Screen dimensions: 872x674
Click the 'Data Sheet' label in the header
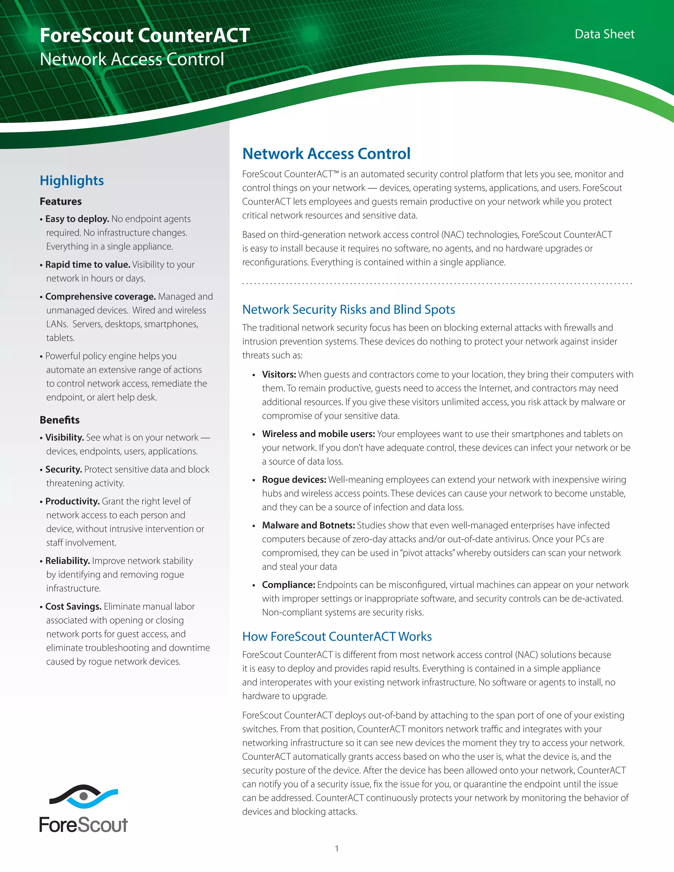click(604, 34)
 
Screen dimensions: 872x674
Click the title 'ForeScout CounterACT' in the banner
click(144, 36)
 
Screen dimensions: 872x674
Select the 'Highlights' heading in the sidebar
click(72, 180)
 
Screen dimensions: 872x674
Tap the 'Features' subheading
click(61, 202)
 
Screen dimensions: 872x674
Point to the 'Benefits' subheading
click(60, 420)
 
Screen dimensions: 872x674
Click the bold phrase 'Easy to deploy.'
click(77, 219)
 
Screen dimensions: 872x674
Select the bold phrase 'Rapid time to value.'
click(88, 265)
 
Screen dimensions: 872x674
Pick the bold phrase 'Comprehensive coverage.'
click(100, 297)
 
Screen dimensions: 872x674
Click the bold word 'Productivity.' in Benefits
click(72, 501)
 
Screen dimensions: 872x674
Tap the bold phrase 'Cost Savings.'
click(73, 606)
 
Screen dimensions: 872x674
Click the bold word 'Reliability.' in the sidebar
click(67, 561)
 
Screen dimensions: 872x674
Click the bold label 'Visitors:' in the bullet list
click(279, 374)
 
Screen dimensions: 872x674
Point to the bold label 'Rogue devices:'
click(294, 479)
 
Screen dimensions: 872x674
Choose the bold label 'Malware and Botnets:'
click(308, 526)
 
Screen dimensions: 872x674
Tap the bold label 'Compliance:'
click(288, 585)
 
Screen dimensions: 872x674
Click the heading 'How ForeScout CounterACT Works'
click(337, 636)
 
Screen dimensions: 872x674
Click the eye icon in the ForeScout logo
click(84, 796)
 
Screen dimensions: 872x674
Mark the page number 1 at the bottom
click(337, 848)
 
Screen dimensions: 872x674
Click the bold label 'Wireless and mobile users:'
click(318, 434)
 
